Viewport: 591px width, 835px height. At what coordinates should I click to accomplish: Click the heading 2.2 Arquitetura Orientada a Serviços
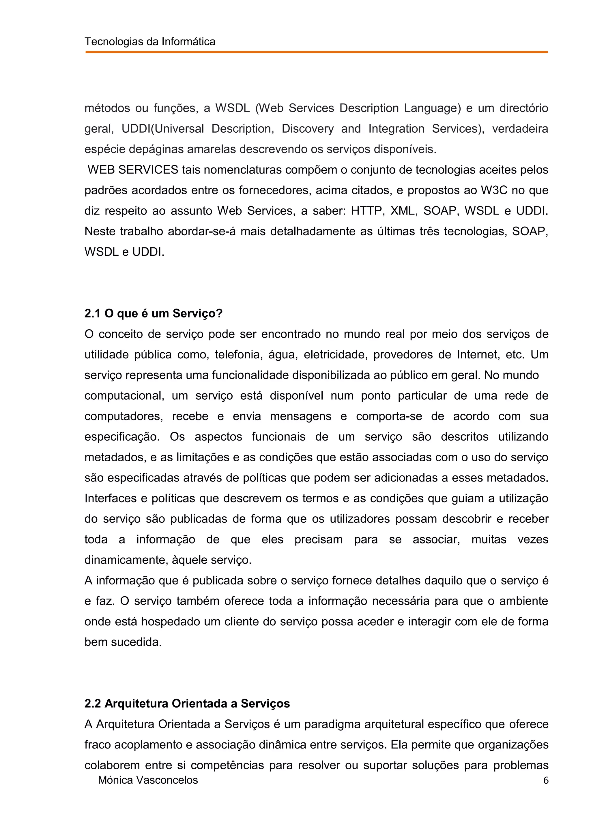[x=187, y=704]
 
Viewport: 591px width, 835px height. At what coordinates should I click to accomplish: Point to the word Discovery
[x=308, y=129]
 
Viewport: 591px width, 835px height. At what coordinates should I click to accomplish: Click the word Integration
[x=396, y=129]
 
